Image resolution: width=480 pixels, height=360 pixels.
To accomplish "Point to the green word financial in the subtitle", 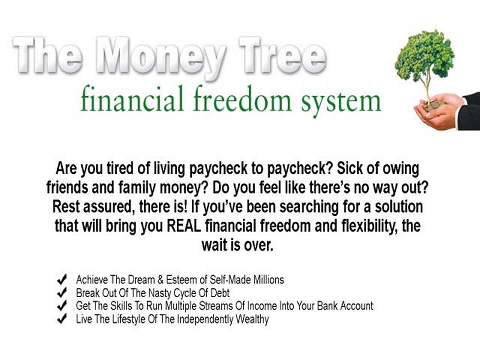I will coord(130,101).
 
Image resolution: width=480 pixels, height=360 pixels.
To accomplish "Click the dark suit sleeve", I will coord(469,110).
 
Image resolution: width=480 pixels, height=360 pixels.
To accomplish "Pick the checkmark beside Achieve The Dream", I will coord(63,279).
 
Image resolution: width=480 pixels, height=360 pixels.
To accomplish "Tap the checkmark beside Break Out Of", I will coord(63,292).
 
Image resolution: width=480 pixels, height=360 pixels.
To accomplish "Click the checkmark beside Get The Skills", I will coord(63,305).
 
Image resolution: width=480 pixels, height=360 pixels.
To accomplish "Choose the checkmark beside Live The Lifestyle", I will coord(63,318).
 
